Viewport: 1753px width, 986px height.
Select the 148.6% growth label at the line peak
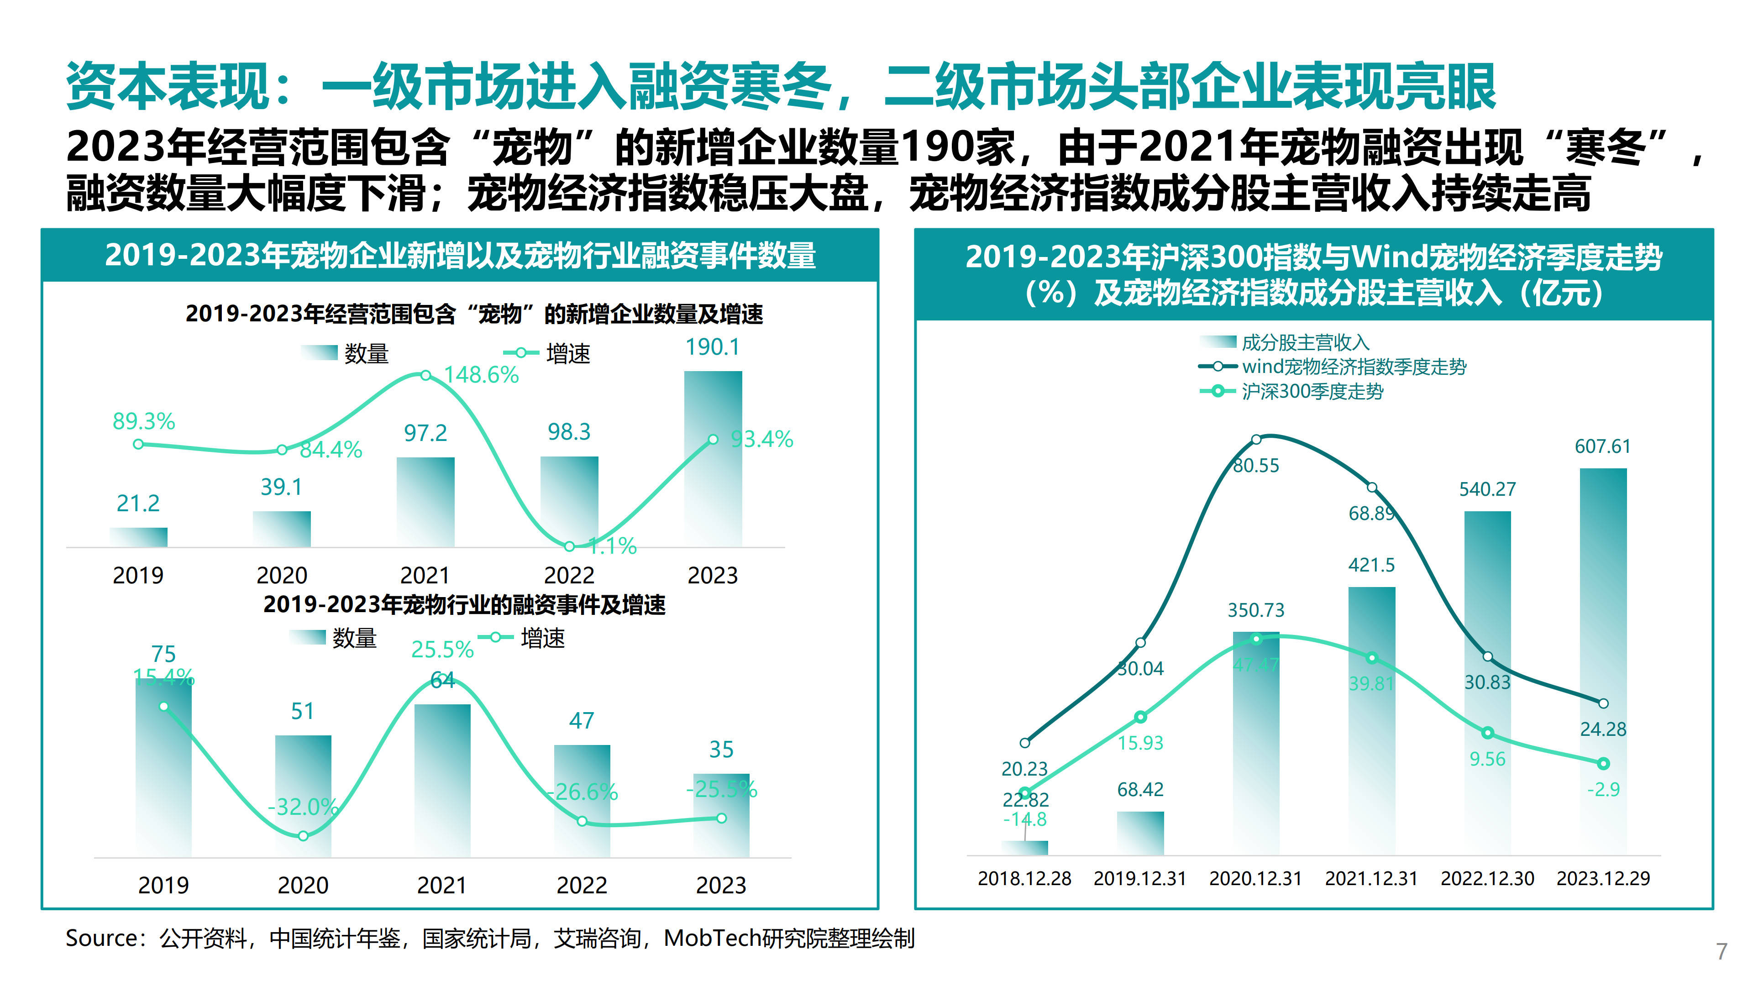pyautogui.click(x=481, y=375)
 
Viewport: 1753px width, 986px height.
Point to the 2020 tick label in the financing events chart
pyautogui.click(x=303, y=885)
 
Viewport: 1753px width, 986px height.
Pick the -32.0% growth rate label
pyautogui.click(x=302, y=807)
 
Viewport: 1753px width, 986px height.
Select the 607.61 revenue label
pyautogui.click(x=1603, y=446)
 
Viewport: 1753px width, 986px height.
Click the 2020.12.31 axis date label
pyautogui.click(x=1255, y=878)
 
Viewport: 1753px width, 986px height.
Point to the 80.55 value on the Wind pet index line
pyautogui.click(x=1256, y=466)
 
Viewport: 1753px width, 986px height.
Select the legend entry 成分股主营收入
pyautogui.click(x=1305, y=342)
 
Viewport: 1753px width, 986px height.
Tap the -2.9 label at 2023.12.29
pyautogui.click(x=1603, y=789)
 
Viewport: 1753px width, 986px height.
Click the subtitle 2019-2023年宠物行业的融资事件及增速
pyautogui.click(x=464, y=604)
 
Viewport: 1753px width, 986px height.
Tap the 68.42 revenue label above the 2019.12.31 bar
pyautogui.click(x=1140, y=789)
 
